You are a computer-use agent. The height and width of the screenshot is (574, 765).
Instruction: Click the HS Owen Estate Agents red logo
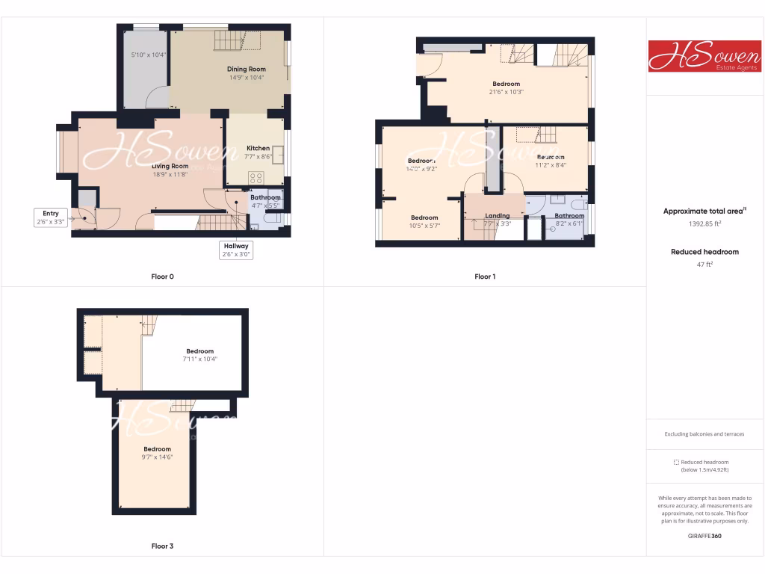[704, 56]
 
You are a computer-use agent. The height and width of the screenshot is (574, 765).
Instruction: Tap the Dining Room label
[247, 69]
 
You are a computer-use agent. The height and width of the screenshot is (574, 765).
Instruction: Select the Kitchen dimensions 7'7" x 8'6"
[258, 156]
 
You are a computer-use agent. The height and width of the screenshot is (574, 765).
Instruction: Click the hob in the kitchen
[256, 178]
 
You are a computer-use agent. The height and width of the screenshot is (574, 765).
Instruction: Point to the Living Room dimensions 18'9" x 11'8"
[170, 174]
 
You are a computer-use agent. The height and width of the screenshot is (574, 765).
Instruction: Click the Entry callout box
[51, 217]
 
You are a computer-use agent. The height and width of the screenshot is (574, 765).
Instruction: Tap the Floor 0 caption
[162, 277]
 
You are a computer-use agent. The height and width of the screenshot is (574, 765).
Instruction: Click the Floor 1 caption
[485, 277]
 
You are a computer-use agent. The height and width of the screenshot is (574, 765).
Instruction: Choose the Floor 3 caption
[162, 546]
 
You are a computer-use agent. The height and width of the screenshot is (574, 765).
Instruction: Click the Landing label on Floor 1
[497, 216]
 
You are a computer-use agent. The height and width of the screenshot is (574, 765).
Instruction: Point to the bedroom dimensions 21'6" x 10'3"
[506, 92]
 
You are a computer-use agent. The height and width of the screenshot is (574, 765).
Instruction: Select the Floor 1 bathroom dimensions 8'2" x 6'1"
[569, 223]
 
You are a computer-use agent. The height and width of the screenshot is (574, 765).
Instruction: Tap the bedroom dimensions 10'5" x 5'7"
[424, 226]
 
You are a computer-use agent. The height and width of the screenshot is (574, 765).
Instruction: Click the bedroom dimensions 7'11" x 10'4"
[199, 359]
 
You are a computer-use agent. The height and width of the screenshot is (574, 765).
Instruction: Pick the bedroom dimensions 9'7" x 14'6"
[157, 457]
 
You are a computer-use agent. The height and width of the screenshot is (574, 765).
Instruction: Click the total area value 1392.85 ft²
[704, 223]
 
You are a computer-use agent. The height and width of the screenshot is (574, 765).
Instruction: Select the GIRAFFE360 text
[704, 536]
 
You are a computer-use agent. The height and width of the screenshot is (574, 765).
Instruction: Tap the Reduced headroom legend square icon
[676, 462]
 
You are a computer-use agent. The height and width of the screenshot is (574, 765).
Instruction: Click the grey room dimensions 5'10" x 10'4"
[148, 55]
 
